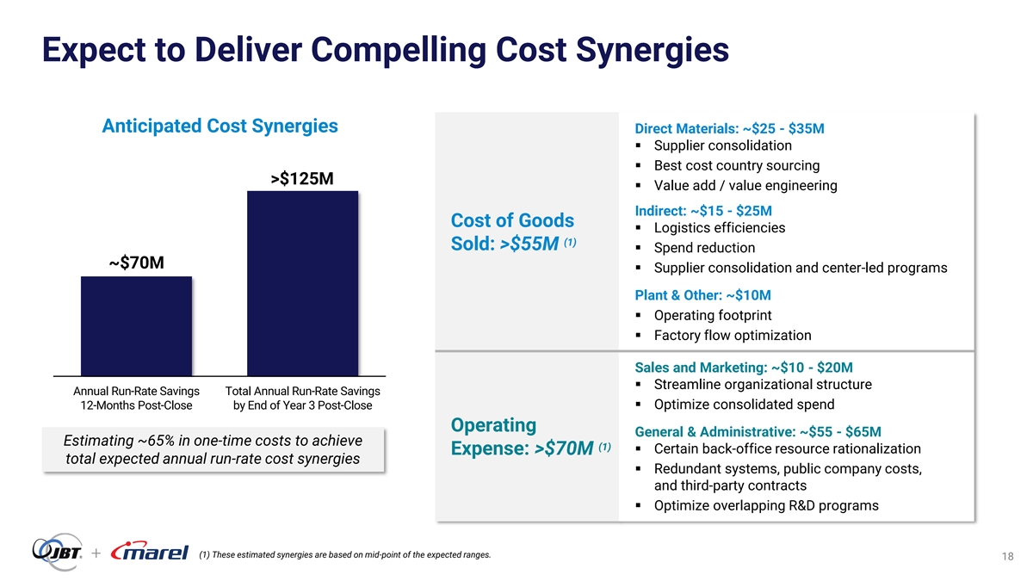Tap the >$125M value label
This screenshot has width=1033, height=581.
302,179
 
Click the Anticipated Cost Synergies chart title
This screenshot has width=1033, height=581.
220,127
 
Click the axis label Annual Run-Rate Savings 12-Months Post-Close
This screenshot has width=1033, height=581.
136,399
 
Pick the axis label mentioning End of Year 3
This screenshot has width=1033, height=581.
302,399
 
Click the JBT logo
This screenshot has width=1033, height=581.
57,552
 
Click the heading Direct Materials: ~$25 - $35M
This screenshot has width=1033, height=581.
729,129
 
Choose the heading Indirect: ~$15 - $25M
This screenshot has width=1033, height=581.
703,211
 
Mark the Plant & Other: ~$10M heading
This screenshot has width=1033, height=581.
702,295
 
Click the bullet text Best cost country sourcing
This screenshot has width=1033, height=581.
737,165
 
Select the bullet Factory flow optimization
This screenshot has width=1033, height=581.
733,336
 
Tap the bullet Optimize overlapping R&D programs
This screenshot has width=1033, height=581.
766,505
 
